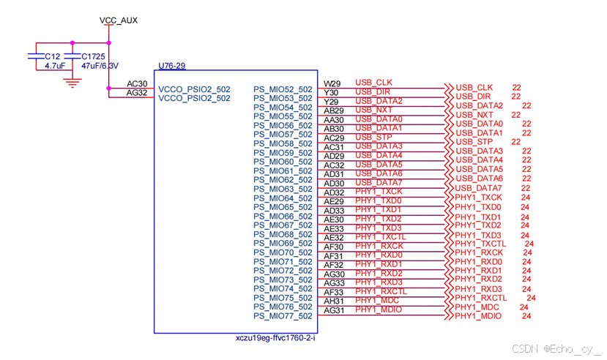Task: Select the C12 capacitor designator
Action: pyautogui.click(x=53, y=56)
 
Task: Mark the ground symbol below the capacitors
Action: pyautogui.click(x=72, y=82)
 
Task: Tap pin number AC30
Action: pyautogui.click(x=137, y=83)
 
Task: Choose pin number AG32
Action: pyautogui.click(x=137, y=93)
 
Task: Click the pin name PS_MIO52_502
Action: pyautogui.click(x=283, y=89)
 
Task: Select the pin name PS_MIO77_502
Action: pyautogui.click(x=283, y=317)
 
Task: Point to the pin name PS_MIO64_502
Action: pyautogui.click(x=283, y=198)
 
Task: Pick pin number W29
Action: pyautogui.click(x=332, y=83)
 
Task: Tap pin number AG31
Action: pyautogui.click(x=333, y=311)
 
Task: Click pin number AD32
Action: pyautogui.click(x=333, y=192)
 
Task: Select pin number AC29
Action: pyautogui.click(x=333, y=138)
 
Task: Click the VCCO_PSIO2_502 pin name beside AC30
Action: pyautogui.click(x=194, y=89)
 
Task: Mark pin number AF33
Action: pyautogui.click(x=333, y=293)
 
